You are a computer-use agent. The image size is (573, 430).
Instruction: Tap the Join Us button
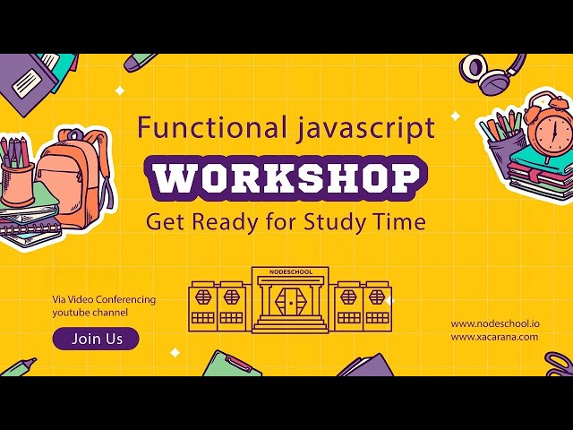click(96, 339)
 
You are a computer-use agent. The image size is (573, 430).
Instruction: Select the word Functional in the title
click(199, 128)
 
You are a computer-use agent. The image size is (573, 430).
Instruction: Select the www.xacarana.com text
click(494, 337)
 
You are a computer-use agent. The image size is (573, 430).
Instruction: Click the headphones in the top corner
click(494, 73)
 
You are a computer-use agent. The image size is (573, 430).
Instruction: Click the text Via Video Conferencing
click(103, 299)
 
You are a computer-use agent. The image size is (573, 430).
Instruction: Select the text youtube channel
click(90, 313)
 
